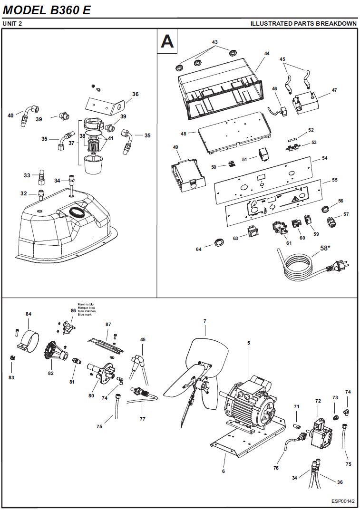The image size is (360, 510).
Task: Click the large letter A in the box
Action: (167, 41)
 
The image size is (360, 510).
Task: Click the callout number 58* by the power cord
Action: (325, 248)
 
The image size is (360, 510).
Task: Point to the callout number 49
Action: (175, 147)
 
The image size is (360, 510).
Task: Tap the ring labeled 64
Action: (219, 241)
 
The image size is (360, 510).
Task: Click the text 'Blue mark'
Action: (85, 315)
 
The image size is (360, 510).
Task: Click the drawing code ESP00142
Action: (343, 501)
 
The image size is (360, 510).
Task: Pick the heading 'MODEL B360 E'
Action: (46, 10)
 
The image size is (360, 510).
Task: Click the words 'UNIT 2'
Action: (12, 23)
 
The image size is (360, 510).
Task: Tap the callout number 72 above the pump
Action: (318, 401)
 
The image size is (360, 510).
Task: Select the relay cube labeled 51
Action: (263, 154)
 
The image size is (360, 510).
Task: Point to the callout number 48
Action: (183, 134)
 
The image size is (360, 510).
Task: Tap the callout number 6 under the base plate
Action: (224, 471)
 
